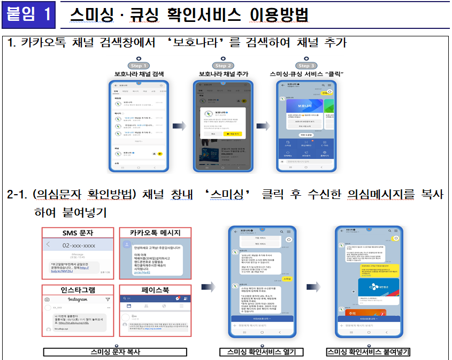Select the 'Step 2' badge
click(223, 65)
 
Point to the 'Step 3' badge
click(307, 65)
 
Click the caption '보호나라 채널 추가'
click(223, 74)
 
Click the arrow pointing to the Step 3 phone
click(263, 126)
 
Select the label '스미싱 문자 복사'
click(115, 352)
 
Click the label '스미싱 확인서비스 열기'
click(262, 352)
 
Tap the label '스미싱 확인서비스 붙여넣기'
click(368, 352)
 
